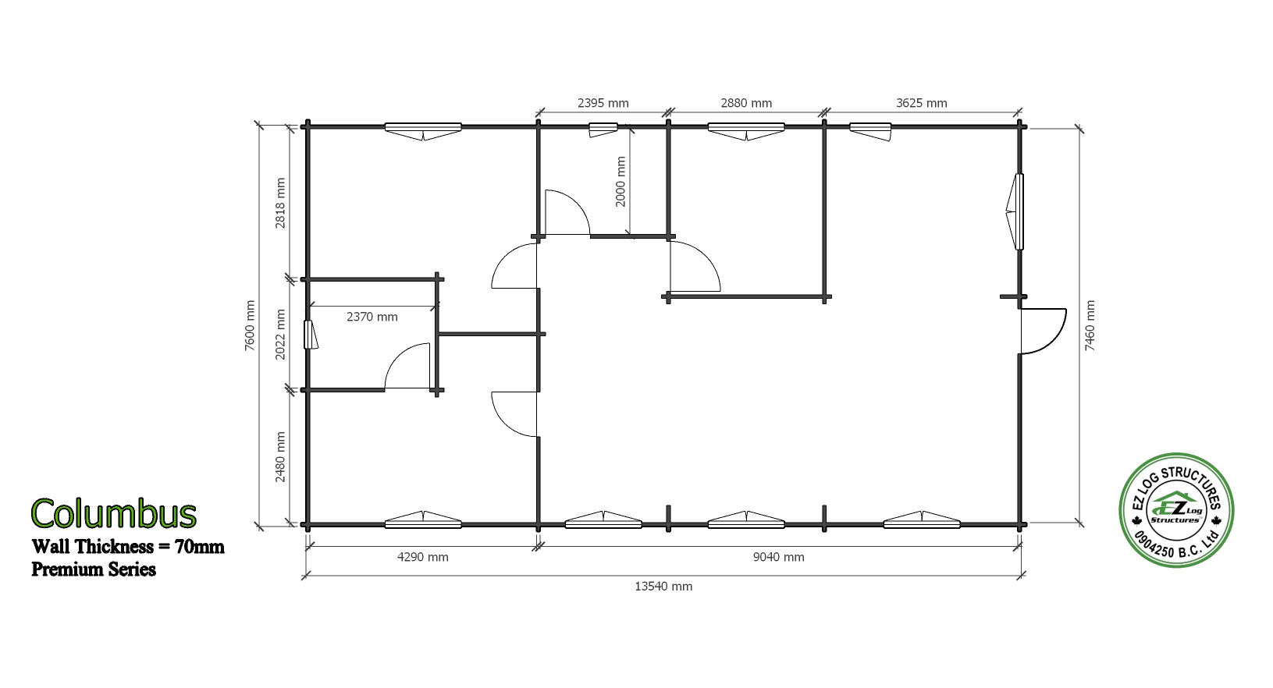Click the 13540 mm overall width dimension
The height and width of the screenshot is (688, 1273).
pos(663,587)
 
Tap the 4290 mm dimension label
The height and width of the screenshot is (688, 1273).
pos(422,557)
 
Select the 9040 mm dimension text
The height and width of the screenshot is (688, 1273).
pos(779,557)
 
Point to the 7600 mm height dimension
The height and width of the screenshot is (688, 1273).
pos(250,325)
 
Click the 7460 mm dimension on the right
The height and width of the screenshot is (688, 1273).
pos(1090,325)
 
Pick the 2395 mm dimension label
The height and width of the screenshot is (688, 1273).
pos(603,104)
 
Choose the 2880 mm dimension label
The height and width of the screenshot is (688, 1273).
pos(746,104)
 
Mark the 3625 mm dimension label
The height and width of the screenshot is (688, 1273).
pos(921,104)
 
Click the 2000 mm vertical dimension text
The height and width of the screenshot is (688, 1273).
pos(620,182)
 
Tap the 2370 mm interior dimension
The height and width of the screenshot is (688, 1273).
pos(372,317)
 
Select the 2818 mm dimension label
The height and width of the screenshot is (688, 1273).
pos(280,204)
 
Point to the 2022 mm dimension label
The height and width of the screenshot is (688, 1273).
pos(280,335)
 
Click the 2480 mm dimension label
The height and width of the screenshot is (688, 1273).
pos(280,457)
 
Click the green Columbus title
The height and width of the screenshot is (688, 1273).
pos(114,513)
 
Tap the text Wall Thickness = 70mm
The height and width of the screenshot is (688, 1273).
pos(128,547)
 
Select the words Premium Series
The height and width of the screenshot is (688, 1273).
pos(94,569)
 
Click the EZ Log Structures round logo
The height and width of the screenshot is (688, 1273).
pos(1176,510)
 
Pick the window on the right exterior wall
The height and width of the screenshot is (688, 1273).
pos(1015,211)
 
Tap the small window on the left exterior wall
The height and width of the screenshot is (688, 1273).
pos(311,335)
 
